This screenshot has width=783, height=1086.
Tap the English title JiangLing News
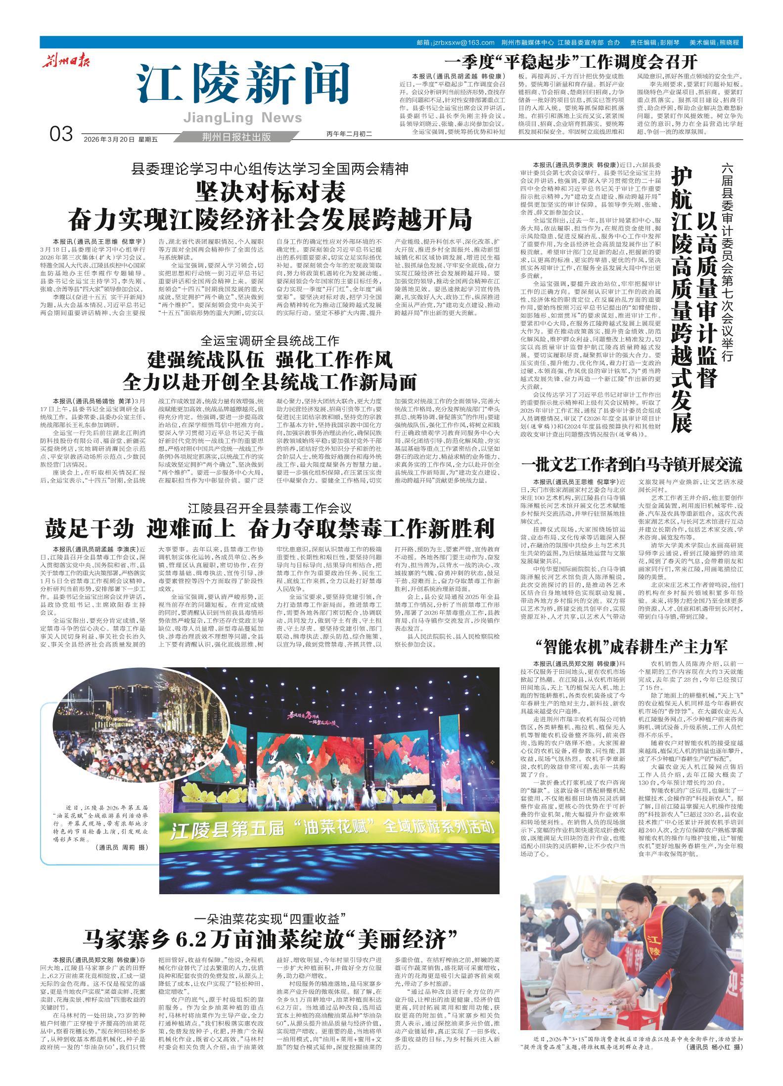coord(242,118)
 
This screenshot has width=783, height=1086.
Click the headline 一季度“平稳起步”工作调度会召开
coord(571,62)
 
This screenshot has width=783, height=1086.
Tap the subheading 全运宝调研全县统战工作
coord(270,341)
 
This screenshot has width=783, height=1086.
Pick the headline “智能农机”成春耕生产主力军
coord(632,646)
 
